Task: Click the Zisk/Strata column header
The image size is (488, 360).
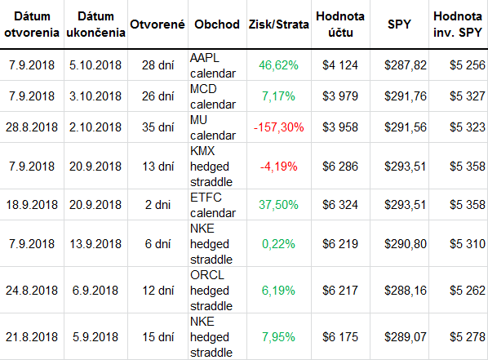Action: tap(278, 24)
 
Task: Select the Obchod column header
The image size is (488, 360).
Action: tap(217, 24)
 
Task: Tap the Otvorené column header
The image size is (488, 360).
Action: tap(157, 24)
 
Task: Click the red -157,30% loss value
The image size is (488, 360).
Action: tap(278, 127)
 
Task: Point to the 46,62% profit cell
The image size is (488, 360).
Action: tap(278, 65)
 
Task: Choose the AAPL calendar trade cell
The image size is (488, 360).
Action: tap(213, 65)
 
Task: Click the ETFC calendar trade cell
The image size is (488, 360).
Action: tap(213, 205)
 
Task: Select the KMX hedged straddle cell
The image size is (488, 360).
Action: tap(211, 167)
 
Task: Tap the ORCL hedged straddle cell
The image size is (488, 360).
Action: tap(211, 291)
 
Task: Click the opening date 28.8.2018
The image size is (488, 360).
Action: tap(32, 127)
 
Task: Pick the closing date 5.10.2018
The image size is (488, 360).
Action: tap(95, 65)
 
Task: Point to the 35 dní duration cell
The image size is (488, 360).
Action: tap(157, 127)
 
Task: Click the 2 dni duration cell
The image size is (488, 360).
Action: tap(157, 205)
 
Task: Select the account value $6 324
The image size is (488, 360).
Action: tap(340, 205)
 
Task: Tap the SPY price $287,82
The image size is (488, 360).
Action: tap(406, 65)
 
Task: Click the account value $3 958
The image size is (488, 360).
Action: tap(340, 127)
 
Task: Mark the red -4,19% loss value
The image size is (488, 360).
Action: tap(278, 167)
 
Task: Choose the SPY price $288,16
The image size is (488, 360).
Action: tap(406, 291)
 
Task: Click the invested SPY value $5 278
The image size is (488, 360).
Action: tap(467, 337)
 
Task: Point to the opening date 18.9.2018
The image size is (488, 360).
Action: tap(32, 205)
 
